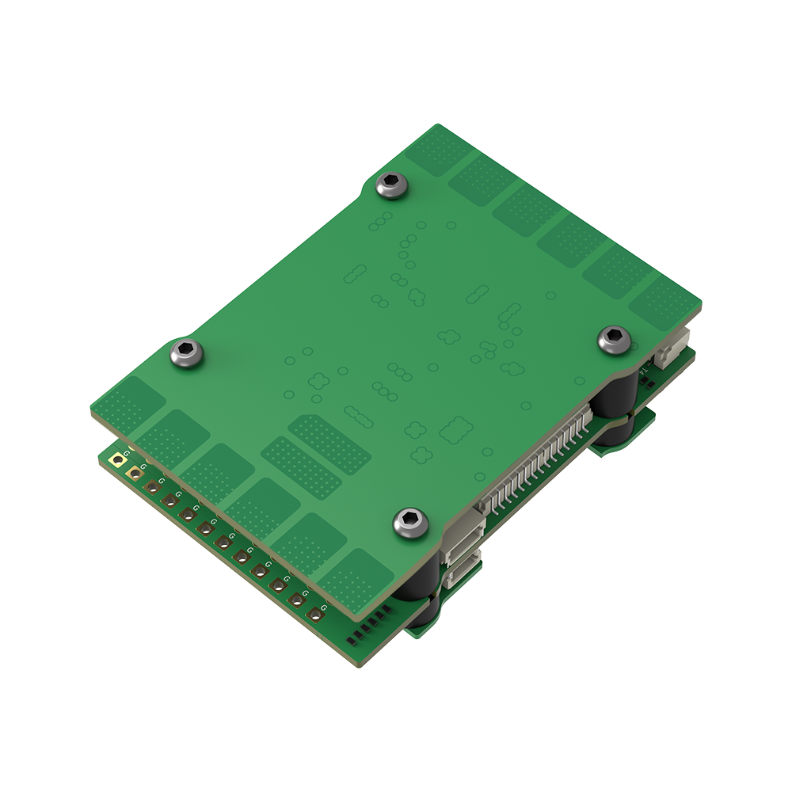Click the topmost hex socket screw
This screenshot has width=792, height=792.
pos(392,185)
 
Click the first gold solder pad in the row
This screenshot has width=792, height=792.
pos(118,459)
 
